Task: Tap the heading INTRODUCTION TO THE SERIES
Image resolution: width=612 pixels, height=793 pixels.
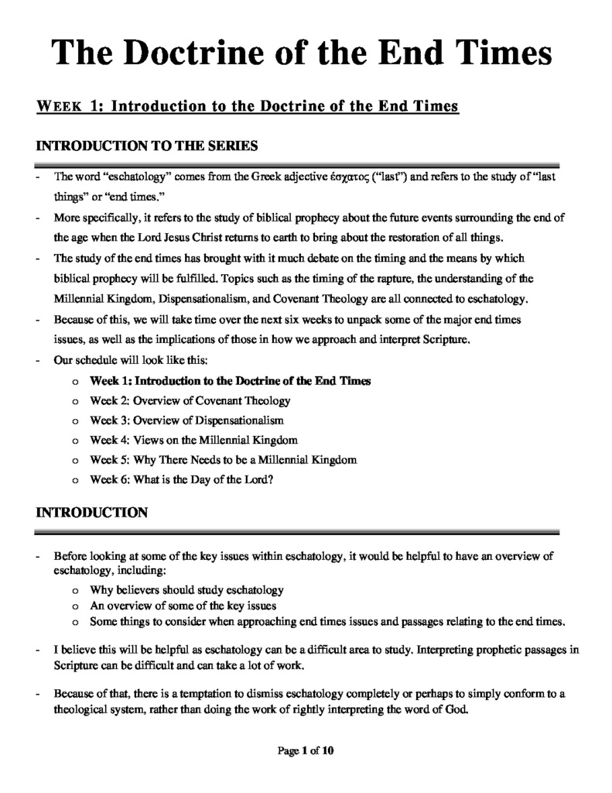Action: (147, 146)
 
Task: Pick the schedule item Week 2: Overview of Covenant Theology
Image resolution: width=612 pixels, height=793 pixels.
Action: (190, 400)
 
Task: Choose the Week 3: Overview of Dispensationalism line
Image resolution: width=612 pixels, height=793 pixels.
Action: (186, 421)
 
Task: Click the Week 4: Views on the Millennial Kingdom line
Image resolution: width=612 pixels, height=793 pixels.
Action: (193, 440)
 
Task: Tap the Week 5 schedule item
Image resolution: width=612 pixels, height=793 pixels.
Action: (224, 459)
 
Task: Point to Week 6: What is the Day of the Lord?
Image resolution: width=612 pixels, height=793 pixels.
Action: (182, 479)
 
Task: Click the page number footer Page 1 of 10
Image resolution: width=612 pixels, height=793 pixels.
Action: (306, 750)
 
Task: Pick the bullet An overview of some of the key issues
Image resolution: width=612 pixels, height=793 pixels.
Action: (183, 606)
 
